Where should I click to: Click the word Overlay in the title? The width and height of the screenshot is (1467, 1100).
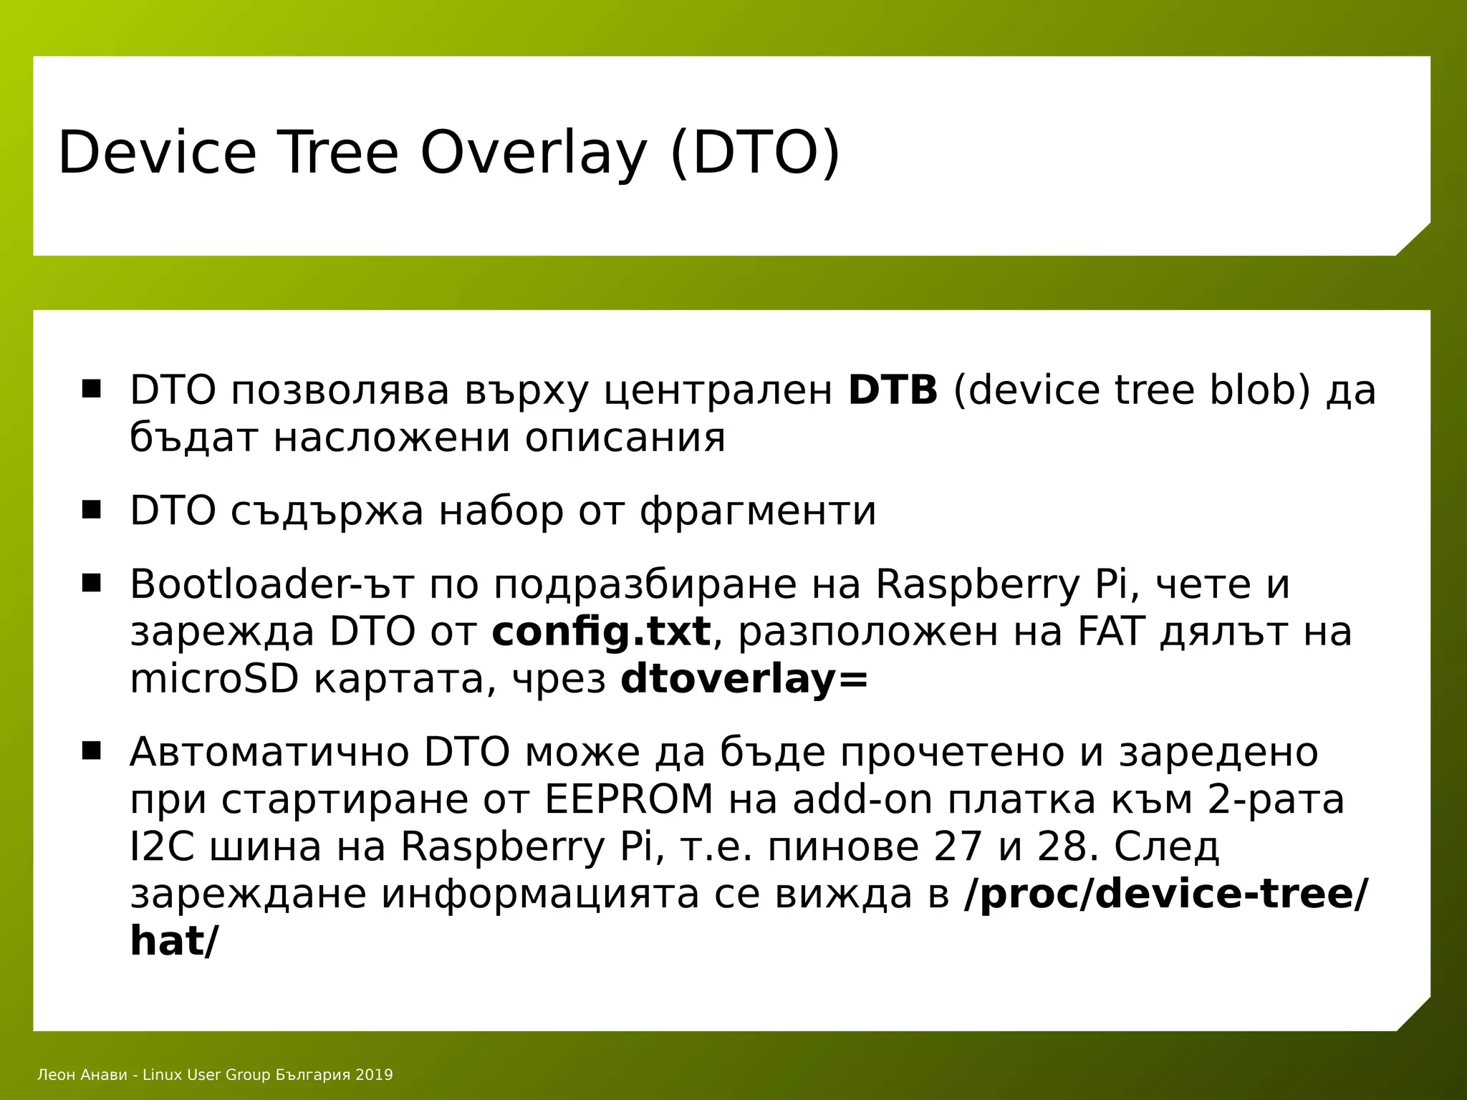pyautogui.click(x=533, y=153)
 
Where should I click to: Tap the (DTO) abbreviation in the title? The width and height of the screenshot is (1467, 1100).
pyautogui.click(x=754, y=153)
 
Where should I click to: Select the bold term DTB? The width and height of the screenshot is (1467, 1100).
pyautogui.click(x=893, y=391)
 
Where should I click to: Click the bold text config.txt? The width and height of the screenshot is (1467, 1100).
pyautogui.click(x=601, y=632)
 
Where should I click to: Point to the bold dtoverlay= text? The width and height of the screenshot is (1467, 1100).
pyautogui.click(x=744, y=679)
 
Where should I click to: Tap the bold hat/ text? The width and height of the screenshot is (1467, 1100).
pyautogui.click(x=172, y=941)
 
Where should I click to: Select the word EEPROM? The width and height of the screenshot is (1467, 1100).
pyautogui.click(x=629, y=799)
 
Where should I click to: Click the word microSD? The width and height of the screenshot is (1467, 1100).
pyautogui.click(x=213, y=679)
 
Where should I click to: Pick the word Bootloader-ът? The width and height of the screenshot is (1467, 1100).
pyautogui.click(x=271, y=584)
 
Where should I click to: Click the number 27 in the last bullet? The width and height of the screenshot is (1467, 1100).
pyautogui.click(x=958, y=846)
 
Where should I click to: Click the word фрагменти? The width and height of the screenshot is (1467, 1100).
pyautogui.click(x=758, y=511)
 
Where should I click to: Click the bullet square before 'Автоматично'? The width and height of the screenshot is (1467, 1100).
pyautogui.click(x=92, y=752)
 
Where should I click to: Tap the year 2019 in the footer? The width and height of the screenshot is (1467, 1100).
pyautogui.click(x=374, y=1075)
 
